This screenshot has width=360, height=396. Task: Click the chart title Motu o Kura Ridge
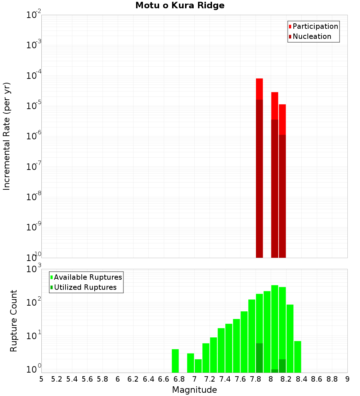pyautogui.click(x=180, y=6)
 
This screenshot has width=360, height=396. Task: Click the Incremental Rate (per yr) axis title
pyautogui.click(x=7, y=136)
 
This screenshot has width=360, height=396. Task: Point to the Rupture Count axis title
pyautogui.click(x=14, y=321)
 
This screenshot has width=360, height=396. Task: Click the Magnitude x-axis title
pyautogui.click(x=194, y=390)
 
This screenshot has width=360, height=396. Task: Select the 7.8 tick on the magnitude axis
pyautogui.click(x=256, y=379)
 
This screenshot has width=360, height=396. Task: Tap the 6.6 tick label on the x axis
pyautogui.click(x=164, y=379)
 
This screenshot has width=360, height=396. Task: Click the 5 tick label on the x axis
pyautogui.click(x=41, y=379)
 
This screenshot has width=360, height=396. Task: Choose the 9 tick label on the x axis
pyautogui.click(x=347, y=379)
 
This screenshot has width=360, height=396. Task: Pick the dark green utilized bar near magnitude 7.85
pyautogui.click(x=259, y=358)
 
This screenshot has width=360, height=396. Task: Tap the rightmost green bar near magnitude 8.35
pyautogui.click(x=297, y=357)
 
